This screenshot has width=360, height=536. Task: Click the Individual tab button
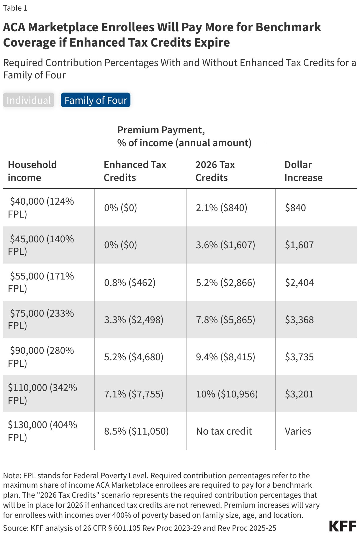click(x=29, y=100)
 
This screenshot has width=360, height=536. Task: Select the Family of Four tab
click(x=96, y=100)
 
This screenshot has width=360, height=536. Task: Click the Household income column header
click(x=32, y=171)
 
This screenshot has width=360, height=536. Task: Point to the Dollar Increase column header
click(x=303, y=171)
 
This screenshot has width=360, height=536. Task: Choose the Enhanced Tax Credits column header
click(x=135, y=171)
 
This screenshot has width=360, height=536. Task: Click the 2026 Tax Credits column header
click(x=215, y=171)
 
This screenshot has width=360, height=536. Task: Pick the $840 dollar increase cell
click(x=295, y=208)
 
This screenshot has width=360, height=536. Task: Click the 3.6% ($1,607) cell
click(x=225, y=245)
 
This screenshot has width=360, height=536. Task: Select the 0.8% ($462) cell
click(x=130, y=283)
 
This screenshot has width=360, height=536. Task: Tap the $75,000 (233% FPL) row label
click(x=41, y=319)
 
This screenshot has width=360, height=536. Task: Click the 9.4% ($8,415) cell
click(x=225, y=357)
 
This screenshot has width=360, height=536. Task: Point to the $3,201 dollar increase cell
click(x=299, y=394)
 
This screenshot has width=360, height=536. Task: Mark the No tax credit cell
click(x=224, y=431)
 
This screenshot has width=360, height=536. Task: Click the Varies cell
click(x=298, y=431)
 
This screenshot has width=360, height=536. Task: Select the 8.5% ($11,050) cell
click(x=136, y=431)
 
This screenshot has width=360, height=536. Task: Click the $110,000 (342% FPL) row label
click(x=42, y=394)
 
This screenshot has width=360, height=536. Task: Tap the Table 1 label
click(x=15, y=8)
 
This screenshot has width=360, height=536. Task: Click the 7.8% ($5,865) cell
click(x=225, y=320)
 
